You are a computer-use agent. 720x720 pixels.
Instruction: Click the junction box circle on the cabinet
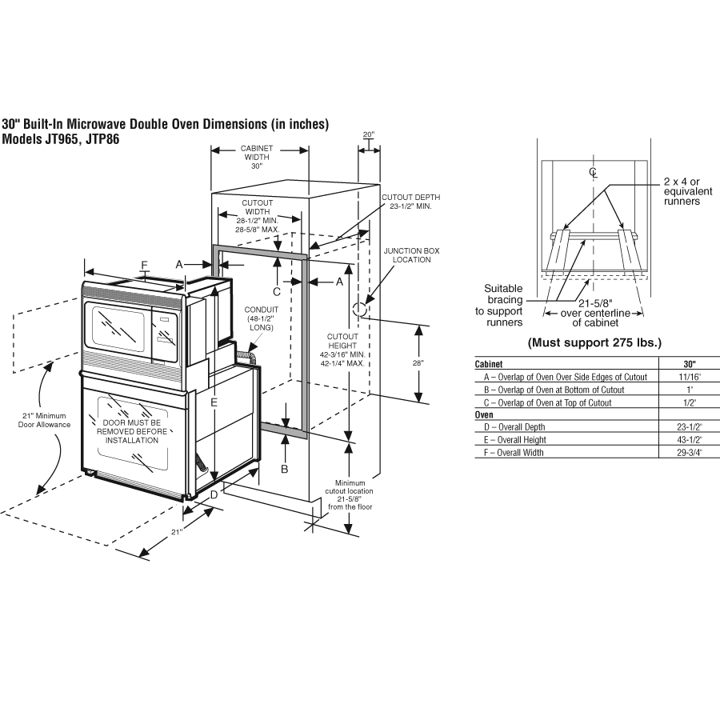[359, 309]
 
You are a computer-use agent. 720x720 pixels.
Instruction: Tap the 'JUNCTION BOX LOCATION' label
[411, 255]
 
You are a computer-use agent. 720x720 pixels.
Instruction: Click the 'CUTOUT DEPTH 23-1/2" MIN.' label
[411, 202]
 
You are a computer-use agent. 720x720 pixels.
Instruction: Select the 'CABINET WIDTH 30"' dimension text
[257, 157]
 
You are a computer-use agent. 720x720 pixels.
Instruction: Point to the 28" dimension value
[418, 362]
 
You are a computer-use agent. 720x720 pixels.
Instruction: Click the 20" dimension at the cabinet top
[369, 134]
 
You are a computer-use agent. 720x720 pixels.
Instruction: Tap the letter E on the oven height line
[214, 402]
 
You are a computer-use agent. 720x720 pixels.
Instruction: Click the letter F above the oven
[145, 266]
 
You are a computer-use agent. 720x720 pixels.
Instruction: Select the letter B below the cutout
[285, 469]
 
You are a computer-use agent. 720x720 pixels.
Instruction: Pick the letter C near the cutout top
[277, 291]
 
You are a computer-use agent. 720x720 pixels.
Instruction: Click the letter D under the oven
[214, 495]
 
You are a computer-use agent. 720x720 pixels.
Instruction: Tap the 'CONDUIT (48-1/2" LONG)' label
[262, 318]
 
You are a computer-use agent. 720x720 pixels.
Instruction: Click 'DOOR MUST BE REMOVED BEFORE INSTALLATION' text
[132, 432]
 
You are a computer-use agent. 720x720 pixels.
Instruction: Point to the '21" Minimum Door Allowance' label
[44, 420]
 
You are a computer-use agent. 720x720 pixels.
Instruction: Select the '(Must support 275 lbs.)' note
[594, 342]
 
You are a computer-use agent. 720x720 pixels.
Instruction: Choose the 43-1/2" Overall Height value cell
[690, 439]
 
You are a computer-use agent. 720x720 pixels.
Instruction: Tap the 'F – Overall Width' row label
[514, 452]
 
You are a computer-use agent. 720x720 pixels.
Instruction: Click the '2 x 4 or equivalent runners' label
[688, 191]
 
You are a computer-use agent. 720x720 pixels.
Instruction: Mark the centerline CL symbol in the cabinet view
[594, 172]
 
